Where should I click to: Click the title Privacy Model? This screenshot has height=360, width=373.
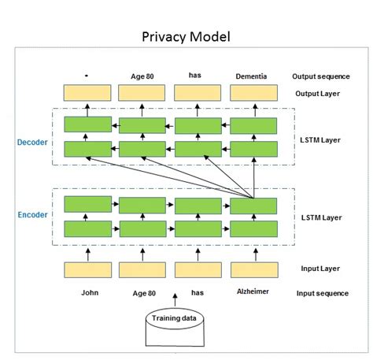pos(186,37)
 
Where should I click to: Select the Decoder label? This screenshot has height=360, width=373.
pos(32,143)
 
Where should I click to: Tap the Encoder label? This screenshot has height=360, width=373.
pos(32,214)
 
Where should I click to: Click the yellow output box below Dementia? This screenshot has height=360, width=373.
pos(253,93)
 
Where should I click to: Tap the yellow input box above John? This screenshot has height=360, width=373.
pos(87,270)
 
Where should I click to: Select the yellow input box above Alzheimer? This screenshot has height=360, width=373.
pos(253,270)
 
